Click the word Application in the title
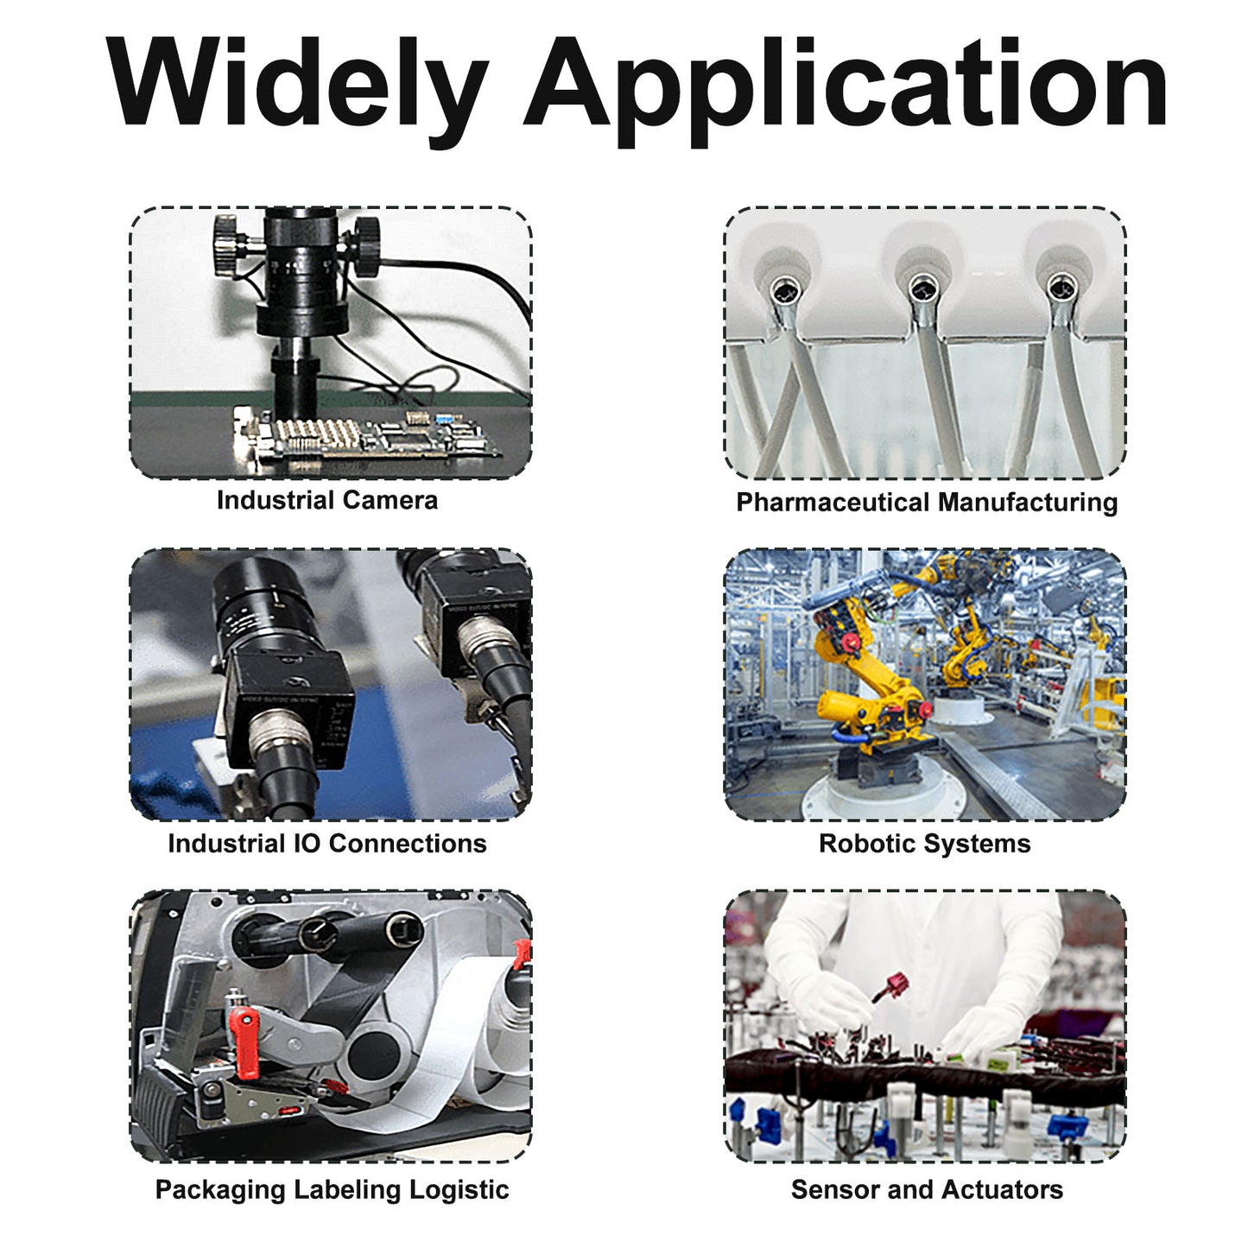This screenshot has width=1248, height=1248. tap(846, 84)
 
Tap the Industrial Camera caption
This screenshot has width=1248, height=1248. tap(327, 501)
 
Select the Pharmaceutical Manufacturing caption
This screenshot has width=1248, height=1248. tap(927, 503)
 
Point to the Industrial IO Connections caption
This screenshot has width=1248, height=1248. tap(327, 843)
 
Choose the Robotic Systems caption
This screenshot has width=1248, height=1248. tap(925, 843)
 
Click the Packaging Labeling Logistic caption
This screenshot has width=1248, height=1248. tap(332, 1190)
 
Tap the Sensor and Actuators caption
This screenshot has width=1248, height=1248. tap(927, 1189)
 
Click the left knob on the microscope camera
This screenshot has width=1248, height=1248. tap(228, 246)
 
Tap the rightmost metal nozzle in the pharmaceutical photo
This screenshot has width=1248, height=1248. tap(1062, 288)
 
